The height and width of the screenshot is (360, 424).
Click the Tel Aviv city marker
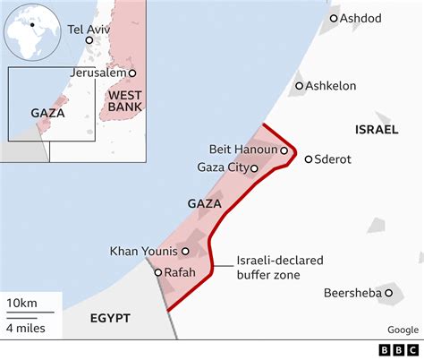tap(89, 40)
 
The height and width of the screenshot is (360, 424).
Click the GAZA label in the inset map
tap(47, 113)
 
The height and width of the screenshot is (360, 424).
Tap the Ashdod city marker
tap(333, 18)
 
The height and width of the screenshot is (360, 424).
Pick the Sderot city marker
tap(309, 159)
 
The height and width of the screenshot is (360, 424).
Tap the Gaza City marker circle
tap(254, 167)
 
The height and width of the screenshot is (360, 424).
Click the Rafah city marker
tap(157, 272)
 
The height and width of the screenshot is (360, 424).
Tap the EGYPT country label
tap(110, 318)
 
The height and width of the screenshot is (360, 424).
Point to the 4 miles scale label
tap(26, 328)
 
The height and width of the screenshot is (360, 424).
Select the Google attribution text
tap(403, 328)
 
